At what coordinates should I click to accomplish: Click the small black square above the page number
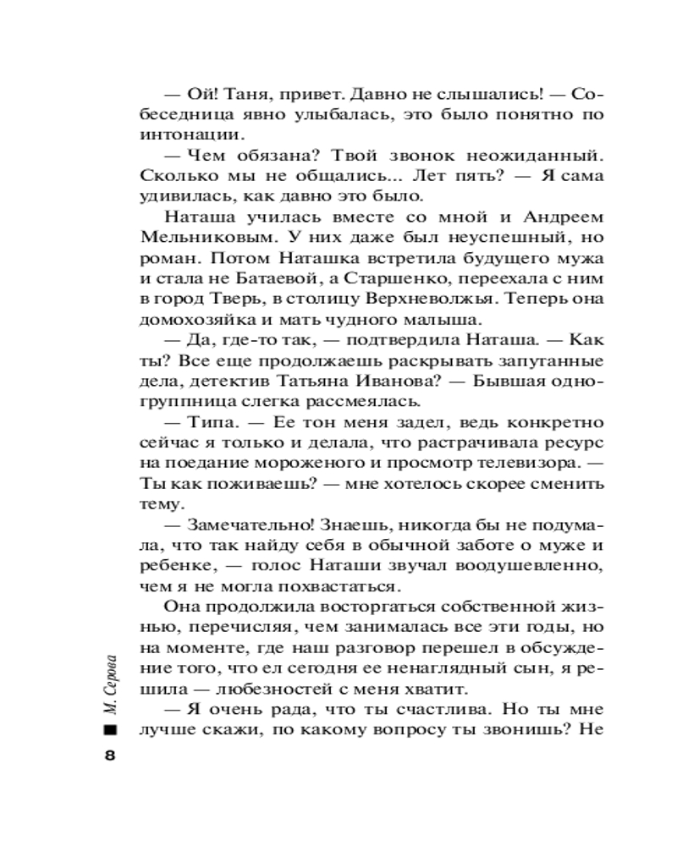(108, 730)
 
